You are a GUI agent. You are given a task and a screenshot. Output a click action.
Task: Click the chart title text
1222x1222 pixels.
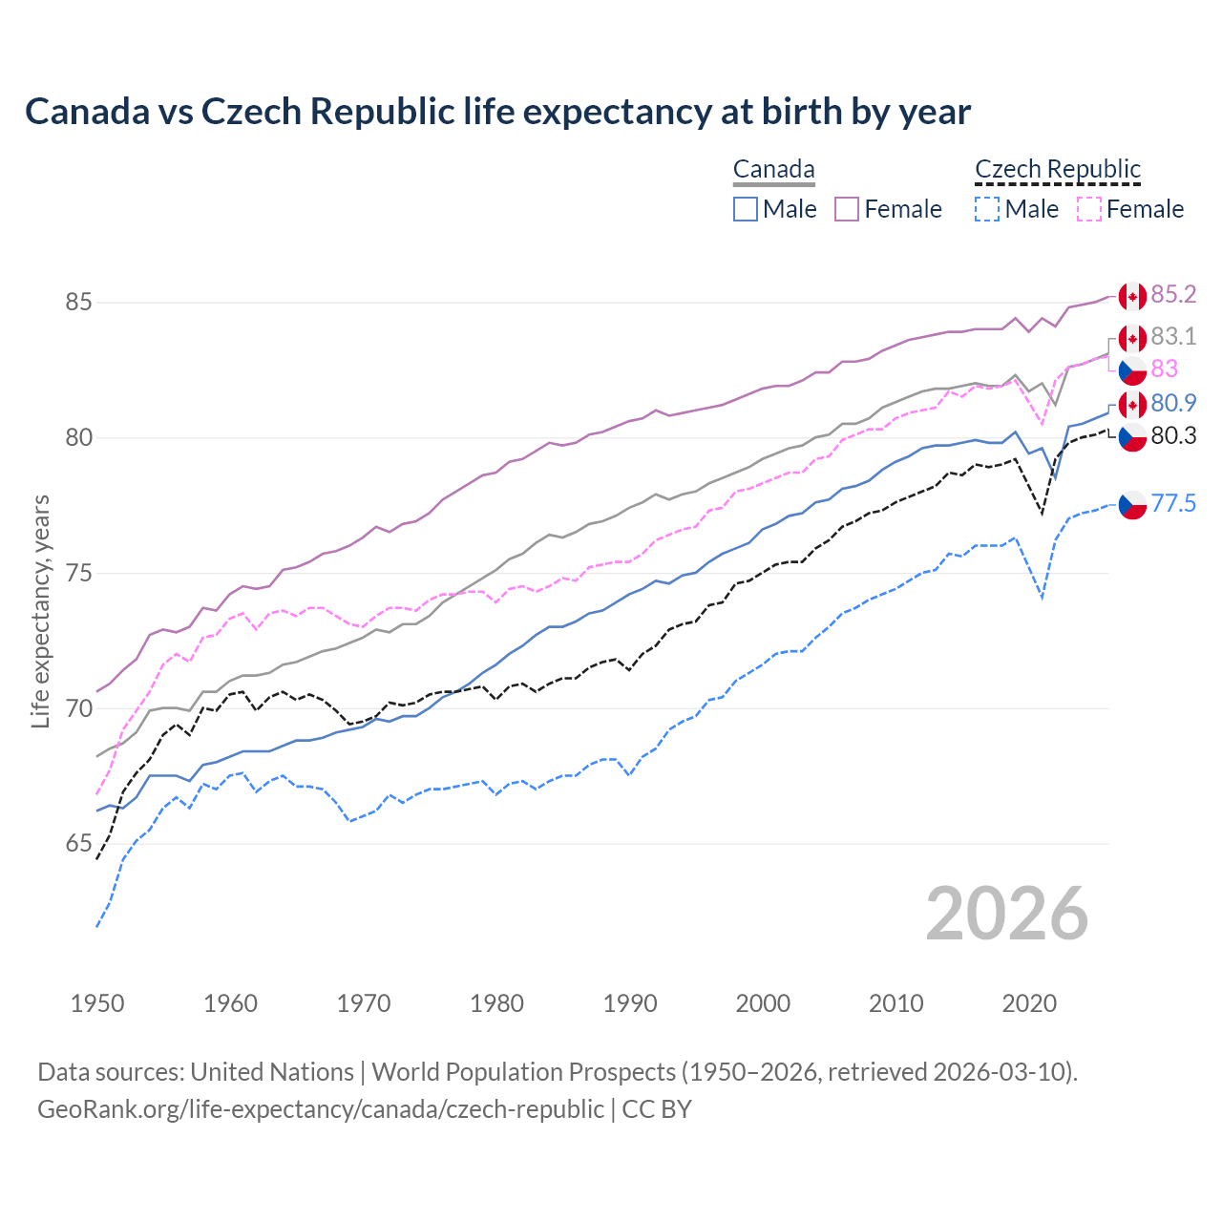pos(497,112)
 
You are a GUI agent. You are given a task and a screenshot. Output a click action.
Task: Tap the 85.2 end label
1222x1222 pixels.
pos(1173,294)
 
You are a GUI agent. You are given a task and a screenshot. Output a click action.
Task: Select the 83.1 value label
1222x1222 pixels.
pos(1173,336)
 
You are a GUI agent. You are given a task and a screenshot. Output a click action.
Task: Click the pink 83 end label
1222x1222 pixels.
pos(1165,369)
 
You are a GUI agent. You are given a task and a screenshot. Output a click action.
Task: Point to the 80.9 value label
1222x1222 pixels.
pos(1173,403)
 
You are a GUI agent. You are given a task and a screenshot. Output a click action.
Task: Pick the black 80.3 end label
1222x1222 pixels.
pos(1173,436)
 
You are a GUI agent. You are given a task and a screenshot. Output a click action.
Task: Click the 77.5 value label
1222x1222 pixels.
pos(1173,503)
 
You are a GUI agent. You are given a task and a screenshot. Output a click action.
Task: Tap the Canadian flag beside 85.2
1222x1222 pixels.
pos(1132,296)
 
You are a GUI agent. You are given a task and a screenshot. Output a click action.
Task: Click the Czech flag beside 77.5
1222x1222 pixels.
pos(1132,505)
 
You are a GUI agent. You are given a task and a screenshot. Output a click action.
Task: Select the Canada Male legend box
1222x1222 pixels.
pos(746,209)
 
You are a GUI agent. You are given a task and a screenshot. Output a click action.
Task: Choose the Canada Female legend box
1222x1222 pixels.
pos(847,209)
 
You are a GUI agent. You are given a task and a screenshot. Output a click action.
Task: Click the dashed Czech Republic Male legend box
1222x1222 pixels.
pos(987,209)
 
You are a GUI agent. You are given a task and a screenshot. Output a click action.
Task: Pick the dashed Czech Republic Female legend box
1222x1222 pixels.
pos(1088,209)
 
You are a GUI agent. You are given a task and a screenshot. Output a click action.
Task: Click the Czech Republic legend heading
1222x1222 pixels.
pos(1058,169)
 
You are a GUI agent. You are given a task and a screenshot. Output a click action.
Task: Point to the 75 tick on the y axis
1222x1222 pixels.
pos(78,574)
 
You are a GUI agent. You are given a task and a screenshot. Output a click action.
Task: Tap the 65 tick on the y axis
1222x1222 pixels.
pos(78,844)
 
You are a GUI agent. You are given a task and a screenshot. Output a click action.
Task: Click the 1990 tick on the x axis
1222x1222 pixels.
pos(630,1003)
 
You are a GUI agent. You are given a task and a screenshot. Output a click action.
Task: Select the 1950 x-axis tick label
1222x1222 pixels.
pos(97,1003)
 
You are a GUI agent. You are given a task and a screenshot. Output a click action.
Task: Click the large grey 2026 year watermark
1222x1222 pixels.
pos(1007,914)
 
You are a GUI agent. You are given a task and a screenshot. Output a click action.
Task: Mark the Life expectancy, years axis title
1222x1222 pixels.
pos(41,611)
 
